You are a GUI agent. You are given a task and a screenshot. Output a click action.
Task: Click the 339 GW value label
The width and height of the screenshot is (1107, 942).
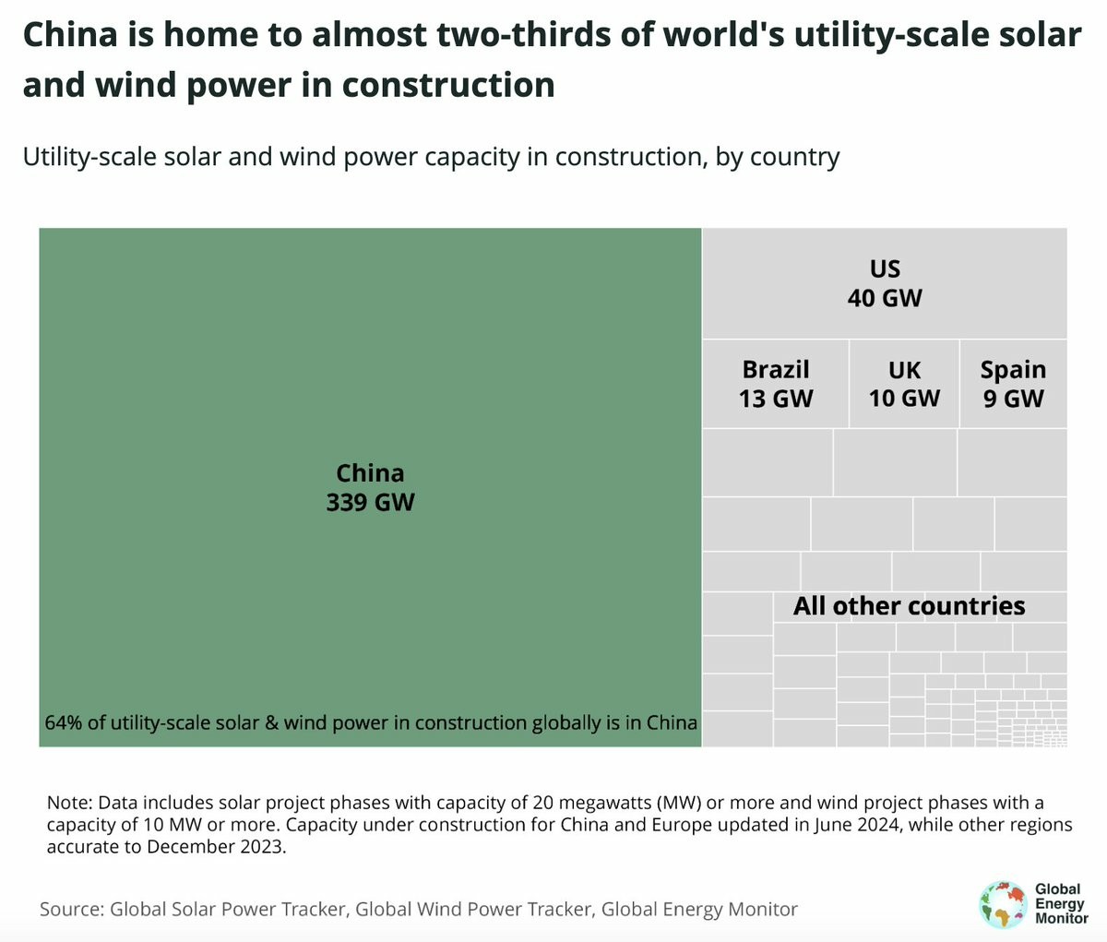(370, 503)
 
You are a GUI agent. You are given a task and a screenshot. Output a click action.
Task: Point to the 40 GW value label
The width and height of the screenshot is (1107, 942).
(885, 298)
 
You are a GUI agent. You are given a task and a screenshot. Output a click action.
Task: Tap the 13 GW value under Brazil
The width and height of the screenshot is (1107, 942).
(776, 399)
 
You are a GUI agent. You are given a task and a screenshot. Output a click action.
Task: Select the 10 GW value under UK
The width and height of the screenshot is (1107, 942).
(904, 399)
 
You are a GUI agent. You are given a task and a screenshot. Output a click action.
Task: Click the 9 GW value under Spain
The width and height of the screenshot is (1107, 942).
(1013, 399)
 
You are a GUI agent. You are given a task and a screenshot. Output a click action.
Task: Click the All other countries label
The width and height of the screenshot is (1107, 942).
(909, 606)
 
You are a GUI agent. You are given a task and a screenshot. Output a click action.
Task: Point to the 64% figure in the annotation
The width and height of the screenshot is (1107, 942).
(63, 722)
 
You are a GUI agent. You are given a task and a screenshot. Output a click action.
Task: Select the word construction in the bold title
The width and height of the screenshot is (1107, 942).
(448, 85)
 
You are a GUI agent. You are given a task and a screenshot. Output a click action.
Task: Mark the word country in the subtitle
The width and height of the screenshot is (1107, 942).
(794, 157)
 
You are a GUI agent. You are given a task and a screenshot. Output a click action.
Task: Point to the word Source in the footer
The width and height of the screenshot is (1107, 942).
(71, 910)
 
